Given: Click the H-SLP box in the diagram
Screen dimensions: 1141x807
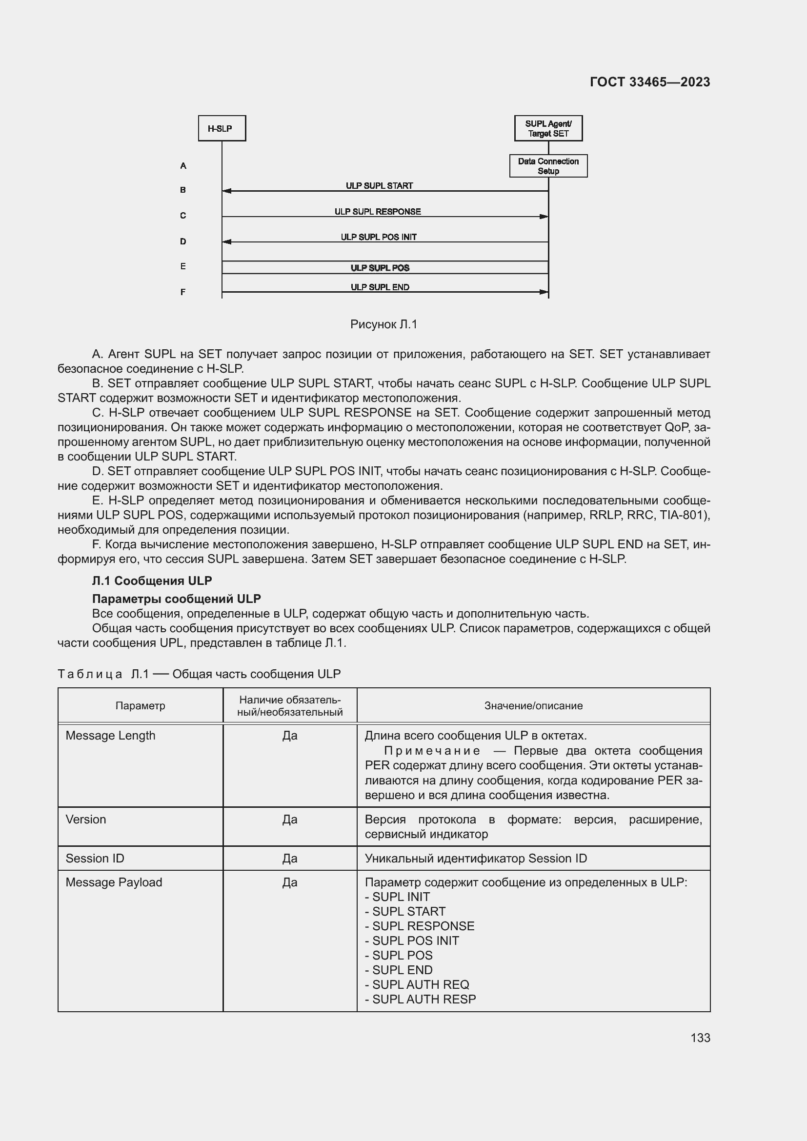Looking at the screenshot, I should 222,128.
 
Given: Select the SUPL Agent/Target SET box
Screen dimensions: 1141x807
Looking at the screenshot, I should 548,128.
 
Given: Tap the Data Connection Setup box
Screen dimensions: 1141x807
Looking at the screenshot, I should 548,166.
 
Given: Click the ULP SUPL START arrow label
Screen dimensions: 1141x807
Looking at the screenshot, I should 379,185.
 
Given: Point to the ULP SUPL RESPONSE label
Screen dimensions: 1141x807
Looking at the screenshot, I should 377,211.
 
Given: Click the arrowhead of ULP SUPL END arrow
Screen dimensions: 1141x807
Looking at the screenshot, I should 544,292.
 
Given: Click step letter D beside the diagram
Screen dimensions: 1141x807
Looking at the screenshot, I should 183,241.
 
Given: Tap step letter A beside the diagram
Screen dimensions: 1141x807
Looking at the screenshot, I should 183,166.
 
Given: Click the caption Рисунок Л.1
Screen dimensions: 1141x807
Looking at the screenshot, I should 383,324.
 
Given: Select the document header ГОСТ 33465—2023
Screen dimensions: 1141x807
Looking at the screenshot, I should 649,82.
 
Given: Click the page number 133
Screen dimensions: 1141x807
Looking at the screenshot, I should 700,1038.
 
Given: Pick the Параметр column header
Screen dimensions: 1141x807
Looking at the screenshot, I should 140,706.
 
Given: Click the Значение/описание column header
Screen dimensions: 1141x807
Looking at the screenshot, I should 533,706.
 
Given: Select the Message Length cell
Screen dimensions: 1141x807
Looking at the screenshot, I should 110,736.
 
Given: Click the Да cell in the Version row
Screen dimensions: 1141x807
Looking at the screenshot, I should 290,819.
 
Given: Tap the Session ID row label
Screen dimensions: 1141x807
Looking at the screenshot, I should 95,858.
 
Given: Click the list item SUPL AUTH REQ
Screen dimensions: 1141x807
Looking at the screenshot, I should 421,984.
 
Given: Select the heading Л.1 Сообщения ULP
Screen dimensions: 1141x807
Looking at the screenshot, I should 152,581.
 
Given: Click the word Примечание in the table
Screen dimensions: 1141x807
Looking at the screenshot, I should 432,750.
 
